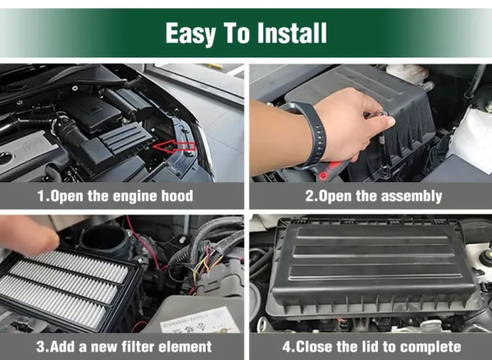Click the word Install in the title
tap(292, 33)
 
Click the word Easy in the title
tap(191, 34)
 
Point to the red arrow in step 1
tap(175, 147)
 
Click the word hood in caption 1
tap(177, 196)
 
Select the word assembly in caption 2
tap(411, 197)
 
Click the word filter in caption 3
tap(138, 347)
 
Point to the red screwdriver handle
tap(329, 171)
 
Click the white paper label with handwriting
tap(199, 321)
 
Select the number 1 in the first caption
tap(42, 196)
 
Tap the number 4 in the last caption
tap(287, 347)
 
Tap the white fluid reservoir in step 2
tap(471, 136)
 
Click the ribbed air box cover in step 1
tap(126, 137)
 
